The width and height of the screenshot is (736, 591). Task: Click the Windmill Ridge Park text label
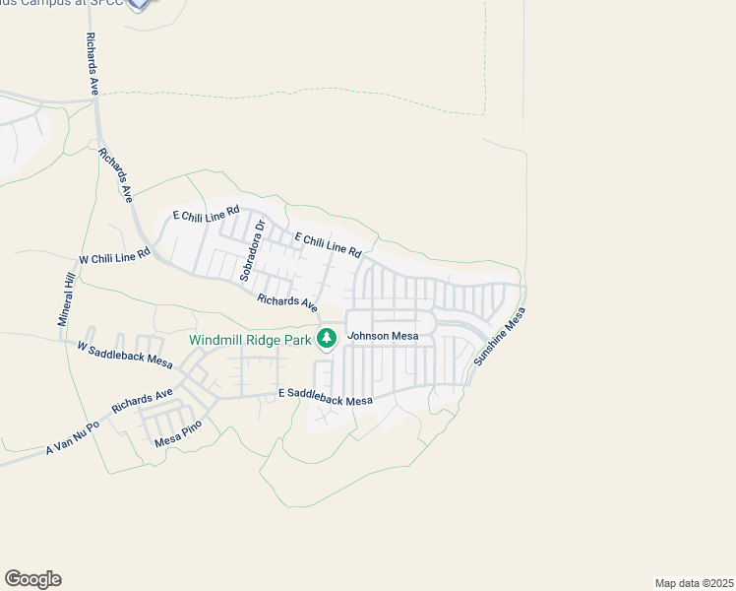pyautogui.click(x=250, y=340)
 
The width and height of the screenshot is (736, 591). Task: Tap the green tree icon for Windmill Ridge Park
pyautogui.click(x=327, y=339)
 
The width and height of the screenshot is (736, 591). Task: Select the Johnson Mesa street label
pyautogui.click(x=384, y=336)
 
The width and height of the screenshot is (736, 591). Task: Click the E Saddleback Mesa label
pyautogui.click(x=326, y=397)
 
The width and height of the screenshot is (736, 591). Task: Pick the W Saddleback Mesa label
pyautogui.click(x=125, y=352)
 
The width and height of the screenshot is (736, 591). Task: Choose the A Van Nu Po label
pyautogui.click(x=73, y=439)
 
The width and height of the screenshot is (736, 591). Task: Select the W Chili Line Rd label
pyautogui.click(x=114, y=256)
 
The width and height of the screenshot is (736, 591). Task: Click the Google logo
pyautogui.click(x=32, y=579)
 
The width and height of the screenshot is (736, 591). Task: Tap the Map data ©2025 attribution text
pyautogui.click(x=694, y=582)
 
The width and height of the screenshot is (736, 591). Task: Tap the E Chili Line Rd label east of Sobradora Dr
pyautogui.click(x=329, y=245)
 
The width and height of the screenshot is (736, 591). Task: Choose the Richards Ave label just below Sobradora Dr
pyautogui.click(x=287, y=301)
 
